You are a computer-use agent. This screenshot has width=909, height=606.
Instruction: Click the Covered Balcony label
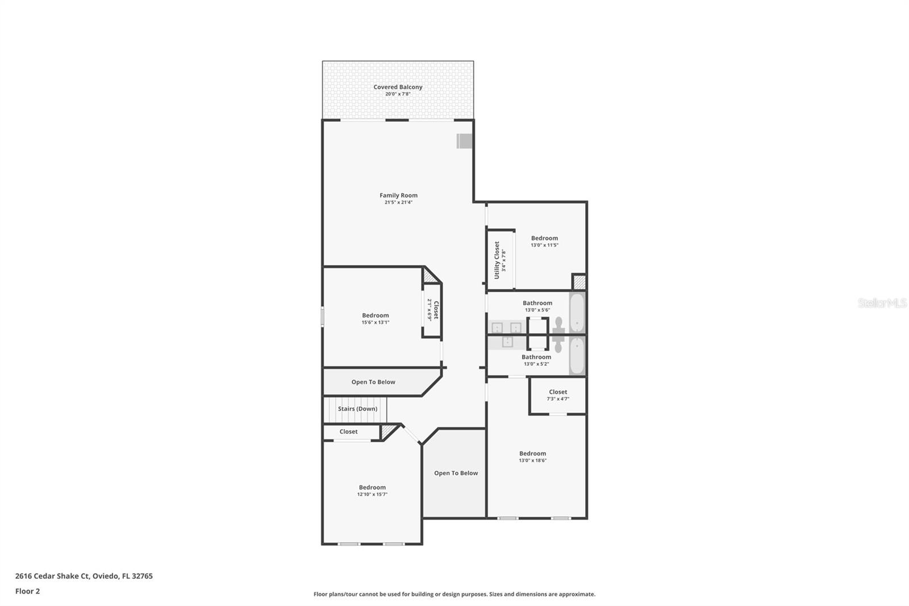pos(398,87)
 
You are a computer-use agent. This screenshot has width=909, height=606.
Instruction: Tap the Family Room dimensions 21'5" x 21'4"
pos(398,202)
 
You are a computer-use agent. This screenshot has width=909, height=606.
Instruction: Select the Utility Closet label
pos(497,260)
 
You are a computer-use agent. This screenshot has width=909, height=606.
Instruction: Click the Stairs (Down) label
pos(357,409)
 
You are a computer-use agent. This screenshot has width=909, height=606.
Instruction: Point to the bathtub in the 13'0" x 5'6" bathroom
pos(577,312)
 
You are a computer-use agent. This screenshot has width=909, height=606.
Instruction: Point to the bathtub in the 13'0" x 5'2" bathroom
pos(577,356)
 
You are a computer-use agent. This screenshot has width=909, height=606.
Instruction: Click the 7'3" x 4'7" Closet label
pos(558,392)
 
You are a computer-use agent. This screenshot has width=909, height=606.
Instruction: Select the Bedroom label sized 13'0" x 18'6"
pos(532,454)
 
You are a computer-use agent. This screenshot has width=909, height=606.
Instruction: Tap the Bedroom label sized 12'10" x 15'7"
pos(372,487)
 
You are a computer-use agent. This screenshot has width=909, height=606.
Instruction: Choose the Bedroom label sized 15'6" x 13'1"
pos(376,316)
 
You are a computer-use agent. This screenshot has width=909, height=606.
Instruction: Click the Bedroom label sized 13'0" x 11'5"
pos(544,238)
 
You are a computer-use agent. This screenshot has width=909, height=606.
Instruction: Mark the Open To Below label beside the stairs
pos(373,382)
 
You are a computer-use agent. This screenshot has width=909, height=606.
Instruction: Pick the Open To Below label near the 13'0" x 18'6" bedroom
pos(456,473)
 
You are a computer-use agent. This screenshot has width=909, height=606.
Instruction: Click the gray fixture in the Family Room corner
pos(465,141)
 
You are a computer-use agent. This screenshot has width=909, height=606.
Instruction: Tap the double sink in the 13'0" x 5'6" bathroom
pos(506,327)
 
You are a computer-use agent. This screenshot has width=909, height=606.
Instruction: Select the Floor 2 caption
pos(27,591)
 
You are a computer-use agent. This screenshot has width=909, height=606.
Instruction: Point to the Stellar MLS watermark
pos(882,303)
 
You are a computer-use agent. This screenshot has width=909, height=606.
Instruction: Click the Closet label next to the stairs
pos(348,431)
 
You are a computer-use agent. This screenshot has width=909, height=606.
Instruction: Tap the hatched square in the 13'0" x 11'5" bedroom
pos(579,282)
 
